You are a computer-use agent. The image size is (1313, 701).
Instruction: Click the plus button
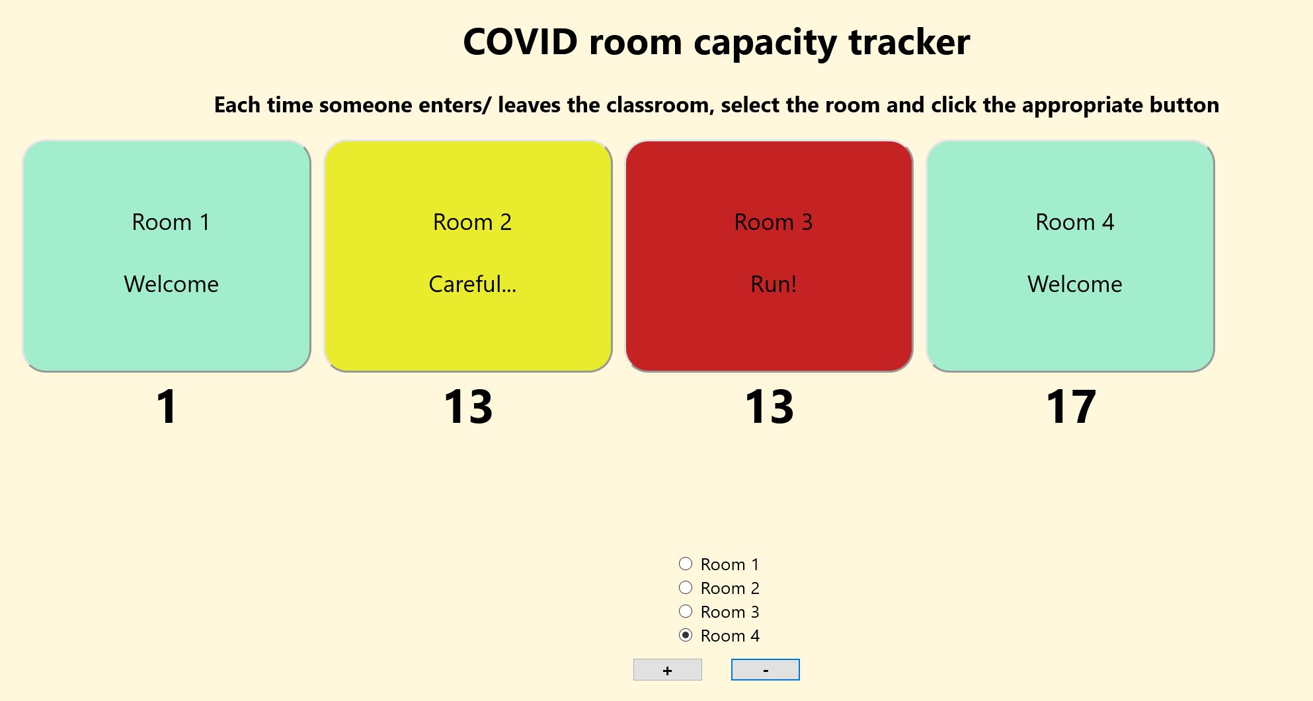(x=667, y=670)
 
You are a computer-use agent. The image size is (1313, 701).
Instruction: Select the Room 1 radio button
(x=686, y=564)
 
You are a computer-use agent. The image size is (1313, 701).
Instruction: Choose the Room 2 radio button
(x=686, y=587)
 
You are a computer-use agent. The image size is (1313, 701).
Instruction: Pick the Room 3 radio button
(x=686, y=611)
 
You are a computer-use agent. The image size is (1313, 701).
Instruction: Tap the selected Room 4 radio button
(x=686, y=635)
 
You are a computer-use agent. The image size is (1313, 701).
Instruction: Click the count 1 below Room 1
(x=167, y=406)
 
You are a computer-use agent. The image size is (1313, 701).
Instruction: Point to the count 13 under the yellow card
(x=468, y=406)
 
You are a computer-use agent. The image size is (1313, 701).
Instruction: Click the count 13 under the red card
(x=769, y=406)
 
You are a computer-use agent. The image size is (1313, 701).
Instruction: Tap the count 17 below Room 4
(x=1070, y=406)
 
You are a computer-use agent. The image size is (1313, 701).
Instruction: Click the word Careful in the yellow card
(x=471, y=284)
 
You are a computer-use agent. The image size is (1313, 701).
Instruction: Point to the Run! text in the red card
(x=773, y=284)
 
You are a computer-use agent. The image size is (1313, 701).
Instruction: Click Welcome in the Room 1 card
(x=171, y=284)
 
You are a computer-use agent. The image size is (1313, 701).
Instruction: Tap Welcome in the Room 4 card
(x=1074, y=284)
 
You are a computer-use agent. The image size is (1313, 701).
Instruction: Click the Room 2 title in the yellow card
(x=472, y=222)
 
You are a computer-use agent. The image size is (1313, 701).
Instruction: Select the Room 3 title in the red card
(x=773, y=222)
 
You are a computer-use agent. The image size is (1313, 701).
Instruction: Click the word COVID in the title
(x=520, y=42)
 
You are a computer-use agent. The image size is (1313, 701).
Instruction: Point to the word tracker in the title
(x=909, y=42)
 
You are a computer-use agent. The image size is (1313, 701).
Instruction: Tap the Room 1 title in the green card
(x=171, y=222)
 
